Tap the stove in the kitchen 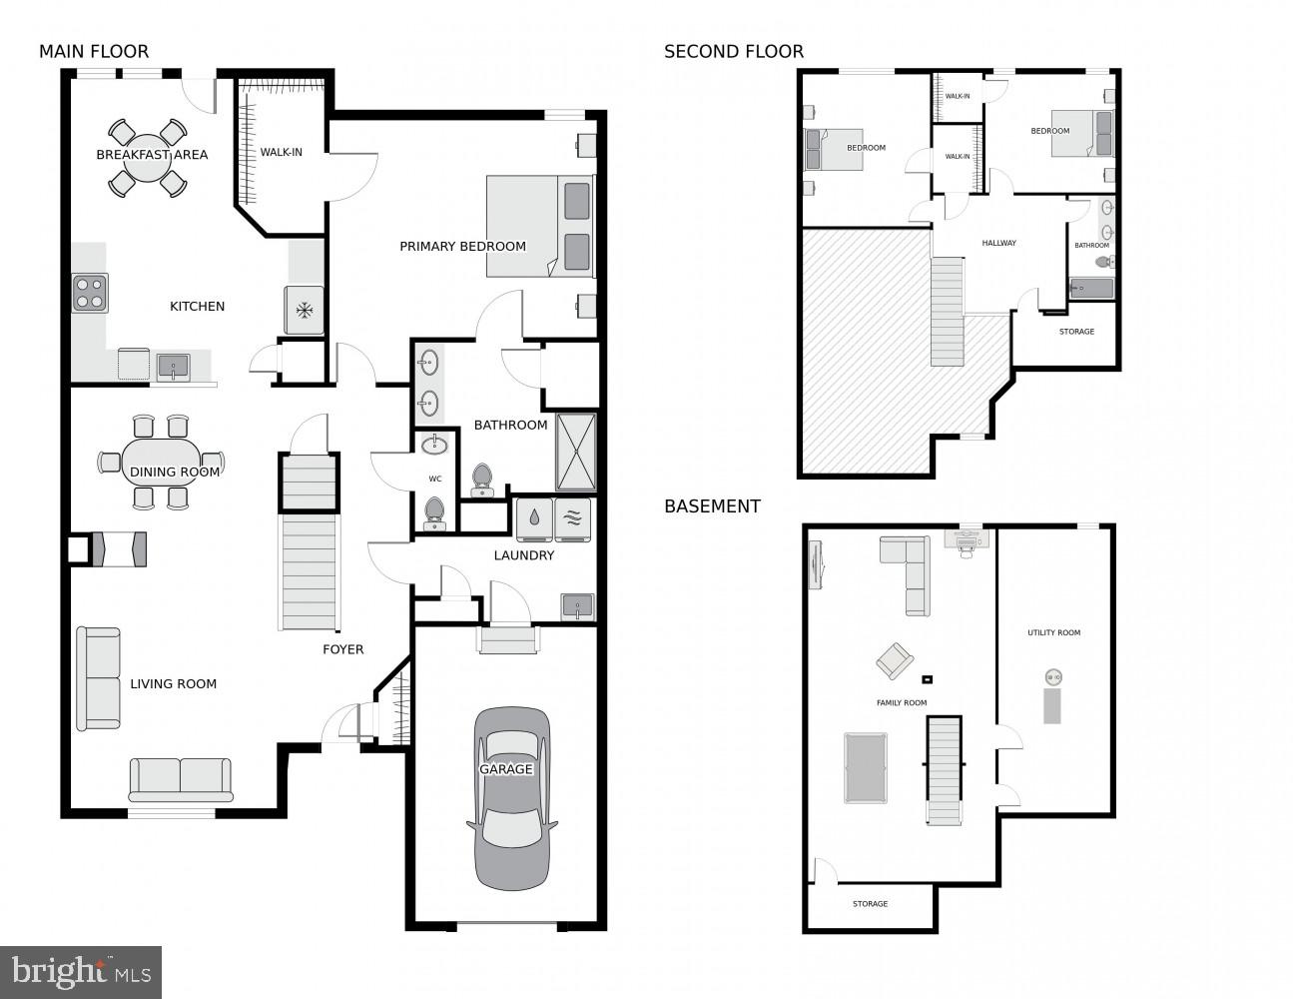pyautogui.click(x=89, y=293)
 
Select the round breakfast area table pyautogui.click(x=148, y=158)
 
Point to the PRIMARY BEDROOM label pyautogui.click(x=462, y=247)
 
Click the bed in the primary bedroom pyautogui.click(x=540, y=227)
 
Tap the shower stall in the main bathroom pyautogui.click(x=575, y=452)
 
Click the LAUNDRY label pyautogui.click(x=523, y=555)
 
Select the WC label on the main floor pyautogui.click(x=435, y=479)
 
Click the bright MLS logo pyautogui.click(x=81, y=972)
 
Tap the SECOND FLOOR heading pyautogui.click(x=733, y=52)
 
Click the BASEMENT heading pyautogui.click(x=712, y=506)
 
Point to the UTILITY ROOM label pyautogui.click(x=1053, y=632)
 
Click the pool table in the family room pyautogui.click(x=865, y=767)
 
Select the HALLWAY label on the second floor pyautogui.click(x=998, y=243)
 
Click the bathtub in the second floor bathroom pyautogui.click(x=1091, y=290)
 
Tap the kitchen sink pyautogui.click(x=174, y=367)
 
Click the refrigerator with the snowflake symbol pyautogui.click(x=305, y=310)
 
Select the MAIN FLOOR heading pyautogui.click(x=94, y=52)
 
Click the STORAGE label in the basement pyautogui.click(x=870, y=904)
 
